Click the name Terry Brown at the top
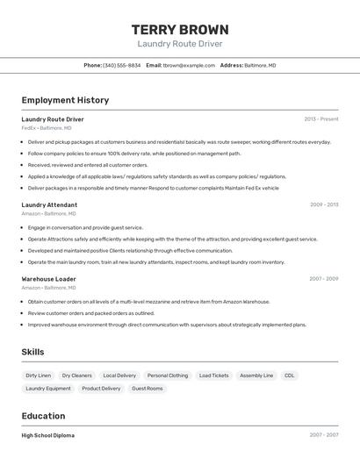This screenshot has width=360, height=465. coord(180,29)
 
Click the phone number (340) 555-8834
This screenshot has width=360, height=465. coord(122,65)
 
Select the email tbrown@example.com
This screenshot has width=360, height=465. coord(188,65)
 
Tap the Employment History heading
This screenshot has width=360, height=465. coord(65,100)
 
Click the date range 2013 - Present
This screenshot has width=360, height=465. coord(321,119)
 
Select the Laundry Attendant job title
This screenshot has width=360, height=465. coord(49,204)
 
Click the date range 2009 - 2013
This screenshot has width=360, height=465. coord(324,204)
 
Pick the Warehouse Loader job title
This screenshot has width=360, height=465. coord(48,279)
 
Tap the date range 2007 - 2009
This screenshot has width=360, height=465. coord(324,279)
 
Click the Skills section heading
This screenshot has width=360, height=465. coord(33,352)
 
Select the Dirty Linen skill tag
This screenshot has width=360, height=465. coord(39,376)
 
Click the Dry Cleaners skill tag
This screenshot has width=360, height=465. coord(77,376)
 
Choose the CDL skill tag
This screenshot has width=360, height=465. coord(289,376)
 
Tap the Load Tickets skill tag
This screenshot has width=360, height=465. coord(214,376)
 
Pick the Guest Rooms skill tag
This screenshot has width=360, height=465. coord(148,388)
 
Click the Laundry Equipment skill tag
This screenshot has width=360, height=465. coord(48,388)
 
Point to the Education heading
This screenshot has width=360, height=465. coord(43,416)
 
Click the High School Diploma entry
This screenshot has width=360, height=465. coord(48,435)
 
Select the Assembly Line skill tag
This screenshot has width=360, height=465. coord(256,376)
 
